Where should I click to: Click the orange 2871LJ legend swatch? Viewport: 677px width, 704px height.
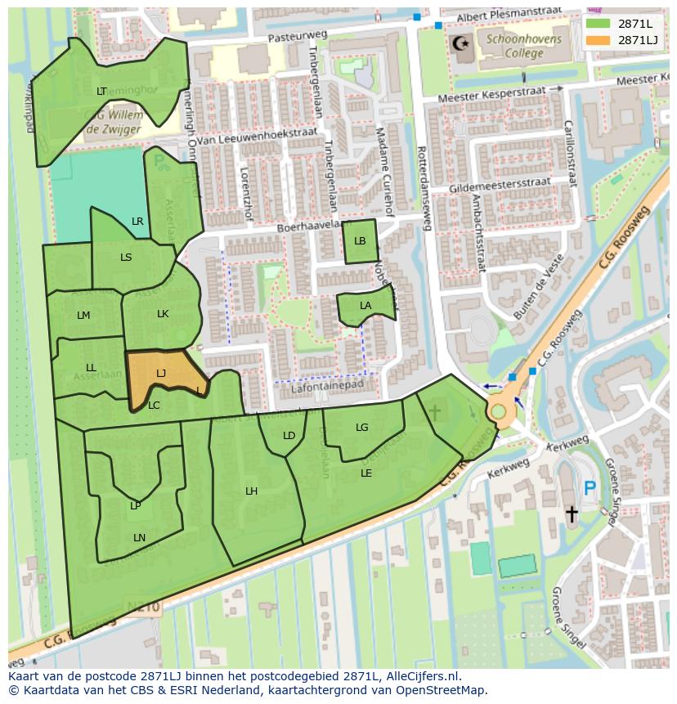(597, 39)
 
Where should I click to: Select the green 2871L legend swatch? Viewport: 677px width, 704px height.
(597, 23)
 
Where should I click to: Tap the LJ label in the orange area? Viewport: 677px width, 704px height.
(161, 373)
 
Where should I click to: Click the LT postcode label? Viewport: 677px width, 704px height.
(101, 92)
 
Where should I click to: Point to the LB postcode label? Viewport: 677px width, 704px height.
(360, 241)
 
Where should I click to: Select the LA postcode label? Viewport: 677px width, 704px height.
(365, 306)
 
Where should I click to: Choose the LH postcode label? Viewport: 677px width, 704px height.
(252, 491)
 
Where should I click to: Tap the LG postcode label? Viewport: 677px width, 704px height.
(362, 428)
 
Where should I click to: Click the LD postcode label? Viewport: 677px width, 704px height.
(289, 436)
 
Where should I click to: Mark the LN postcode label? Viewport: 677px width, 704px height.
(139, 537)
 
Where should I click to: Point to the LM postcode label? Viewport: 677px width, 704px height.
(83, 316)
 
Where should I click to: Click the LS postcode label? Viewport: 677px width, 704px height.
(126, 258)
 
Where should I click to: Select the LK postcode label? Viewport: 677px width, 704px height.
(163, 314)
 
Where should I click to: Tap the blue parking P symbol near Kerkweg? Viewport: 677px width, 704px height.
(590, 490)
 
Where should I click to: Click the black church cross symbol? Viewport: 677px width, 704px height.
(572, 513)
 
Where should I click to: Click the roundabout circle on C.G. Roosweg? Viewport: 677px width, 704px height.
(499, 410)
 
